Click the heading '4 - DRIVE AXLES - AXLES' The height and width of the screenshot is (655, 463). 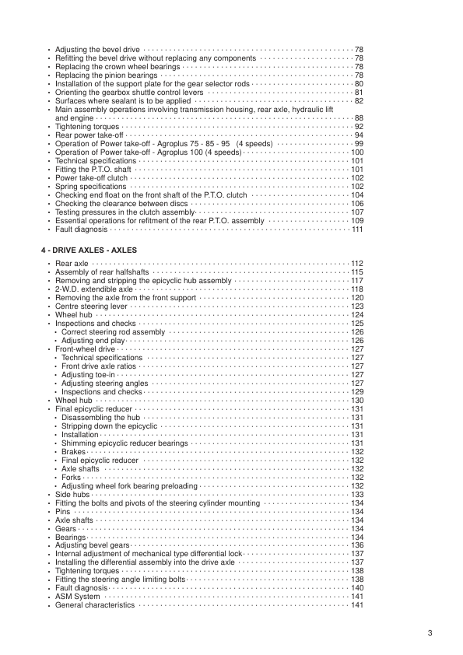[89, 250]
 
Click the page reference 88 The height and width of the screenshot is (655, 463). [359, 117]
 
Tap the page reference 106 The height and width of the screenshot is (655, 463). [357, 204]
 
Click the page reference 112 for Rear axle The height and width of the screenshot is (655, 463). [357, 264]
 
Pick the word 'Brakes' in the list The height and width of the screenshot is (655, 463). [74, 452]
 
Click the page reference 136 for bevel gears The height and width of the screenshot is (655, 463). [357, 545]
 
